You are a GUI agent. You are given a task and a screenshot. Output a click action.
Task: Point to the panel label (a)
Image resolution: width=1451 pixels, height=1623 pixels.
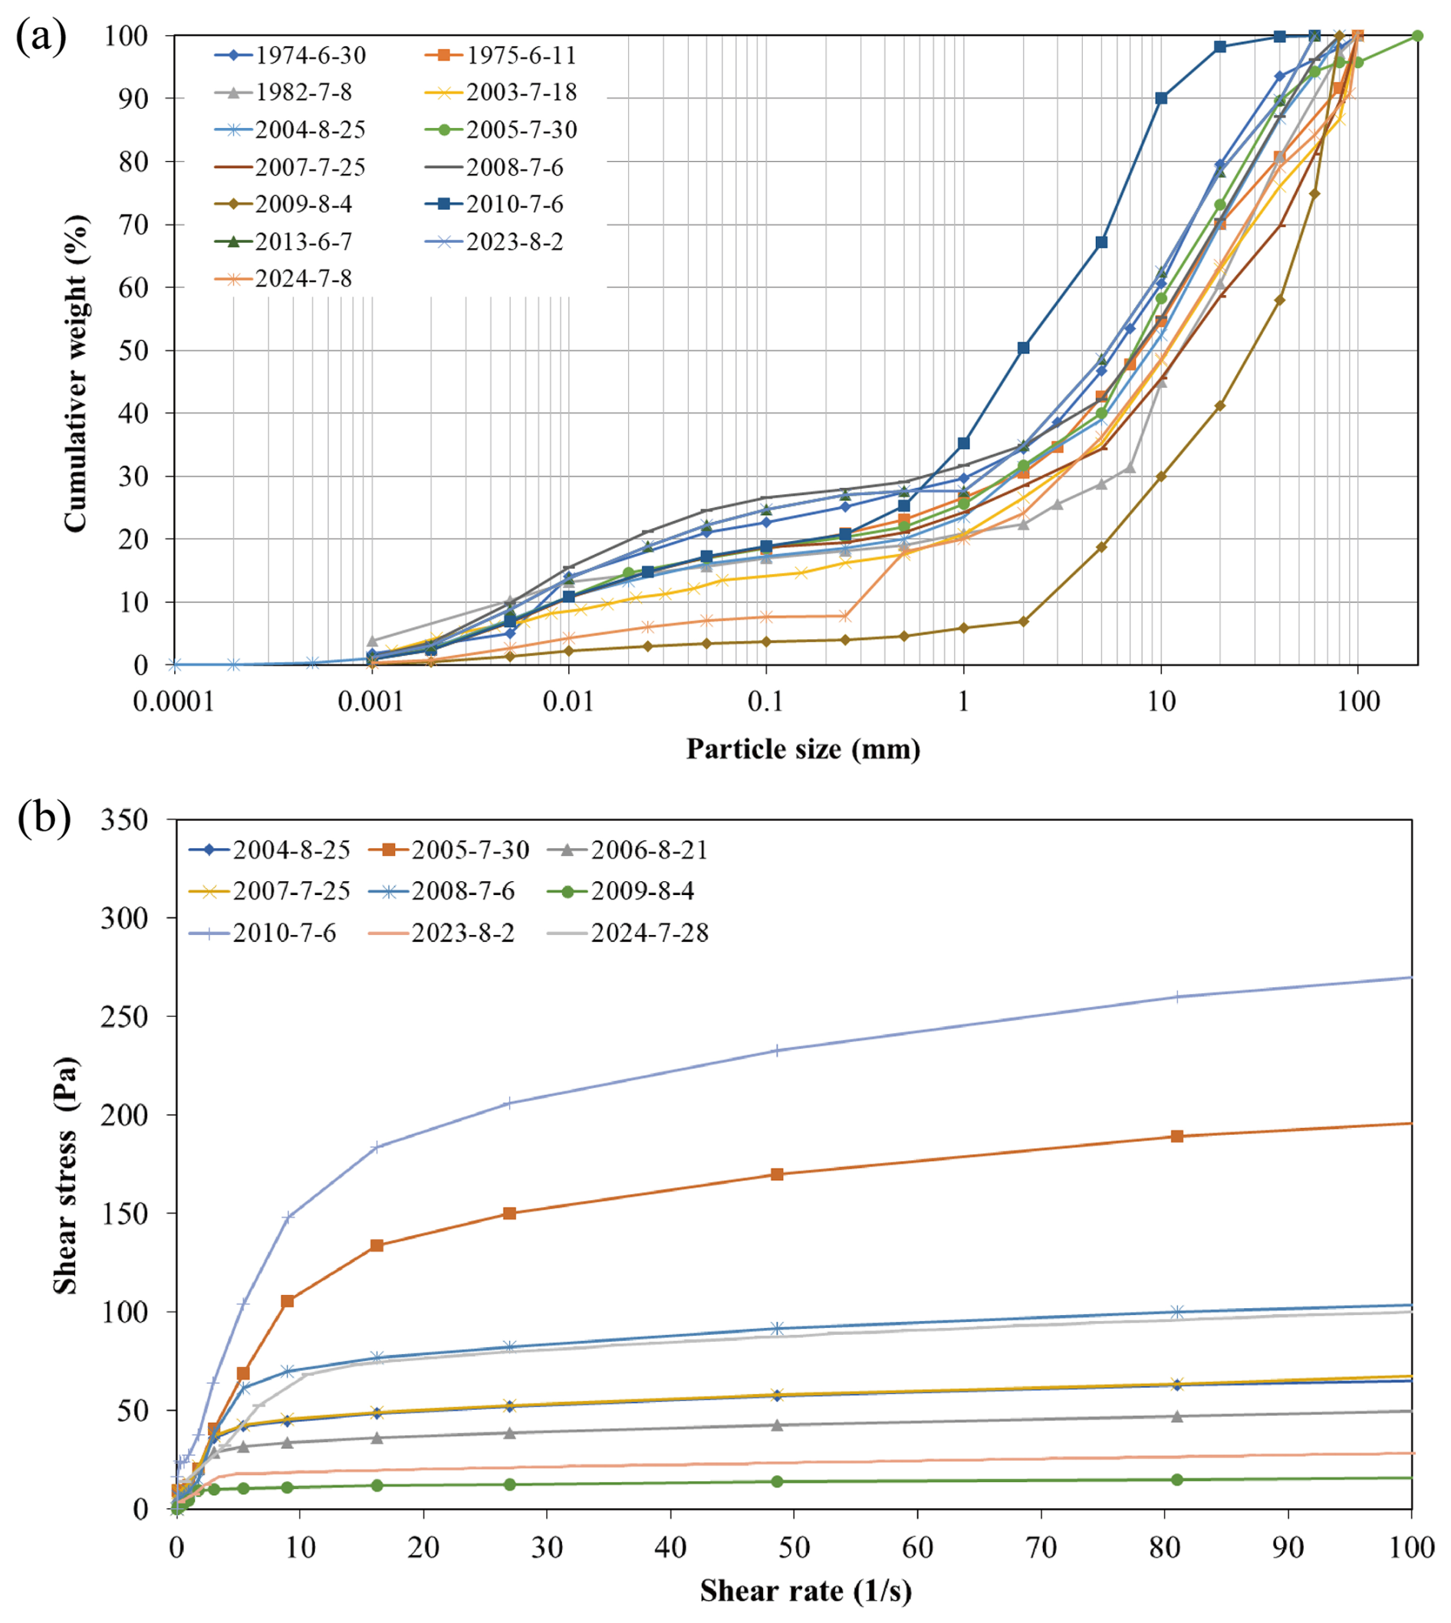click(x=41, y=38)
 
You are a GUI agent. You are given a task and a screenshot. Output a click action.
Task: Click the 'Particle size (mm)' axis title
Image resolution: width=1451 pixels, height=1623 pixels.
click(x=803, y=749)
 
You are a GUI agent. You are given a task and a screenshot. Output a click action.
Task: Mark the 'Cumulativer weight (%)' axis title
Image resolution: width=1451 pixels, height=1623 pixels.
click(x=75, y=373)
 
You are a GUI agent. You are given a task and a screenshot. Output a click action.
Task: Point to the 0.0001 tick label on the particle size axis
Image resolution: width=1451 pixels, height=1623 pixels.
click(x=174, y=702)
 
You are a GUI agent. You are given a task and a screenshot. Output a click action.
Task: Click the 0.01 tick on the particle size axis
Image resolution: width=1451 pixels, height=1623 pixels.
click(x=568, y=702)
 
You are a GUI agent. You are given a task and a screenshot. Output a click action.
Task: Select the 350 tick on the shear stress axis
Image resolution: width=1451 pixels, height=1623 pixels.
click(x=124, y=820)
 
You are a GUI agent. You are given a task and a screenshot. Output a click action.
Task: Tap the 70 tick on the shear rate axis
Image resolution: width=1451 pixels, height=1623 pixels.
click(x=1041, y=1547)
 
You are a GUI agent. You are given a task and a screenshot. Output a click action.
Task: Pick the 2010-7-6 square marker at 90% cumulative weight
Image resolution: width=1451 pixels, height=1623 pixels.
click(x=1161, y=98)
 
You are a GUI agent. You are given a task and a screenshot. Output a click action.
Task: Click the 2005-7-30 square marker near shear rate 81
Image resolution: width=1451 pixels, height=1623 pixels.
click(x=1176, y=1136)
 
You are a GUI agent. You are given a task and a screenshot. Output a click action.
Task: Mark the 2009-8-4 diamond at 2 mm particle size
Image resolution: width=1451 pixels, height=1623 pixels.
click(x=1024, y=621)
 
